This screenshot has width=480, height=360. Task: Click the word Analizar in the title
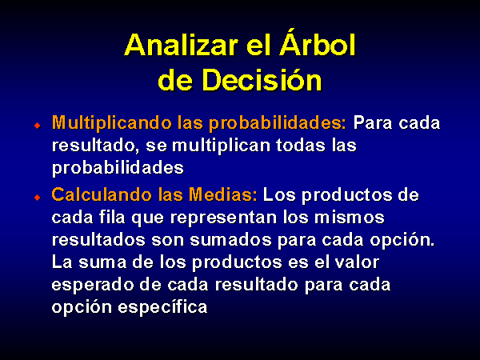181,46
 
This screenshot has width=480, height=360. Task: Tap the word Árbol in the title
317,43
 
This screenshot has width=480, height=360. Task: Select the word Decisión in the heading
262,79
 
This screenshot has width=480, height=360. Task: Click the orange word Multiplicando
112,123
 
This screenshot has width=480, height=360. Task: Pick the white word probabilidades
118,168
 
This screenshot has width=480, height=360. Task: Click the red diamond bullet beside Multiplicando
38,126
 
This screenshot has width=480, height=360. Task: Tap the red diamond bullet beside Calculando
38,197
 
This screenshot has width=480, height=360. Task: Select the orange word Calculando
102,194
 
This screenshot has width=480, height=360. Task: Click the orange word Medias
223,194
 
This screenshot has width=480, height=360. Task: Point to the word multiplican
222,146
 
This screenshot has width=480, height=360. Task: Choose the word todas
300,145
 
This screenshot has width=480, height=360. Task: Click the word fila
112,218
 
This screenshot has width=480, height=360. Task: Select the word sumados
231,240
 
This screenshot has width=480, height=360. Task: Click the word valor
357,262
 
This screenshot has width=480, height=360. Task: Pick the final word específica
163,307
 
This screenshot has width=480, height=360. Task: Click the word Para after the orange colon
373,123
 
